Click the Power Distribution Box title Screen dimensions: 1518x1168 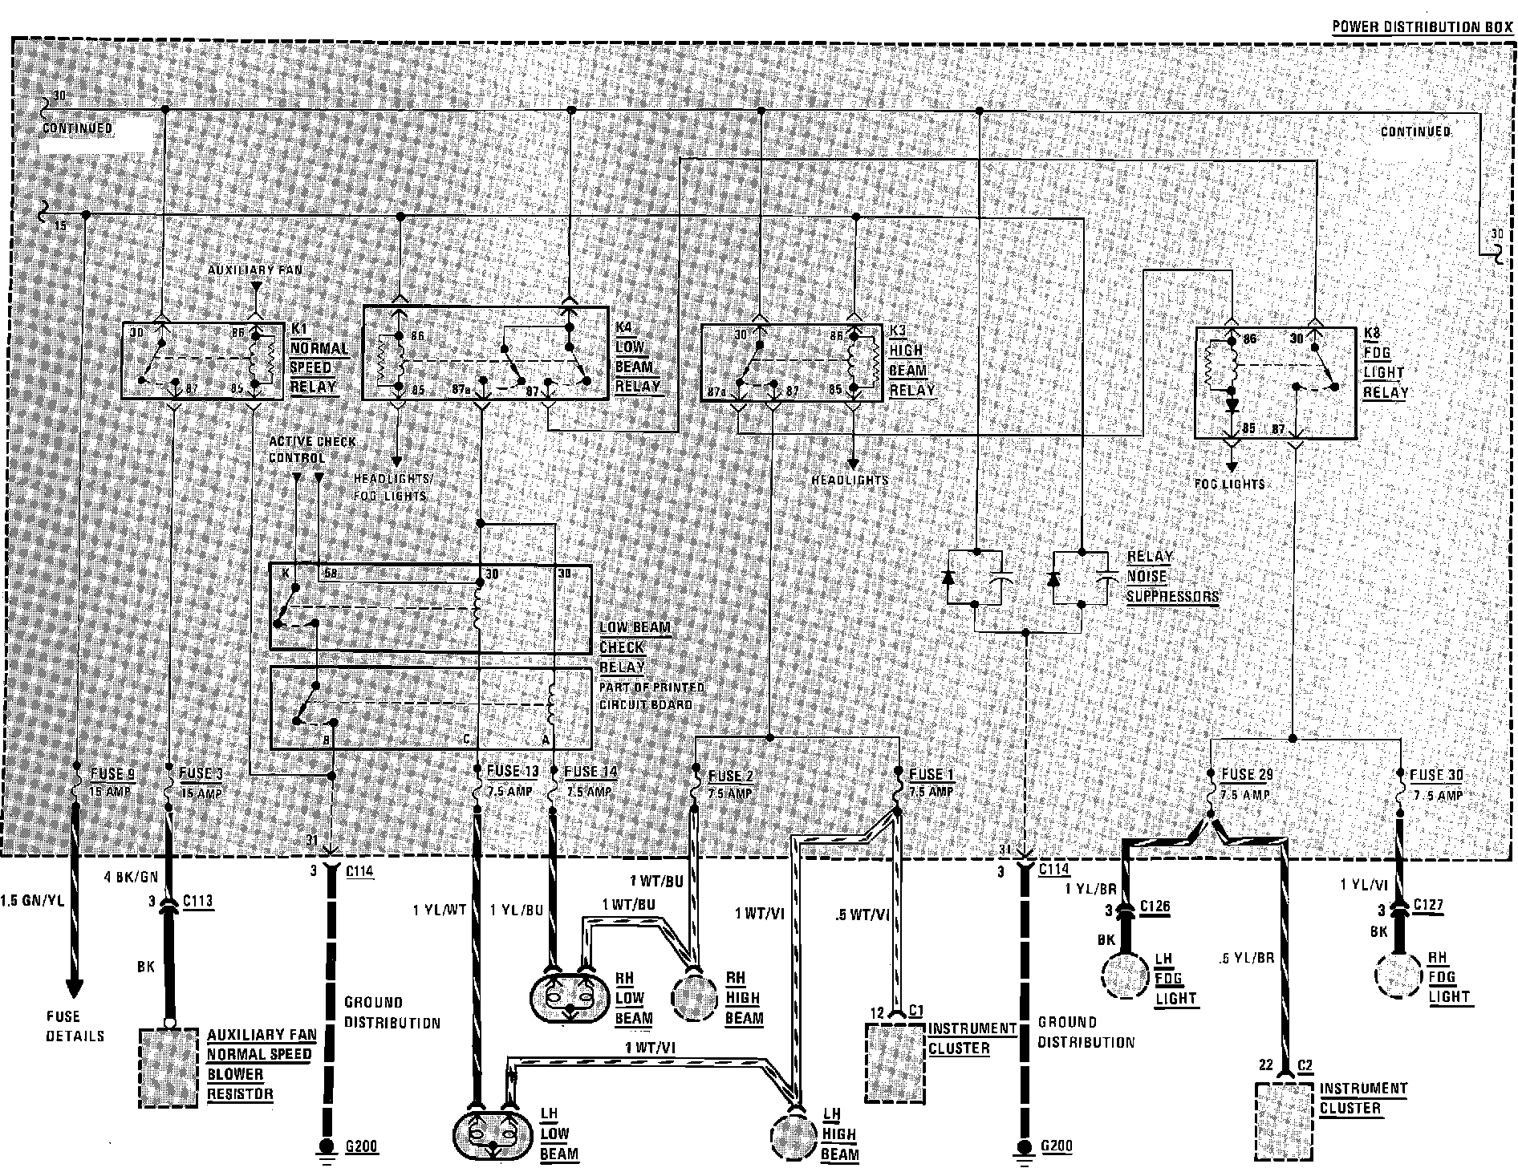pyautogui.click(x=1422, y=26)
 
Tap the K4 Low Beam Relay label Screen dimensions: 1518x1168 pyautogui.click(x=638, y=357)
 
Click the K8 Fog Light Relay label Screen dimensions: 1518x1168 pyautogui.click(x=1384, y=363)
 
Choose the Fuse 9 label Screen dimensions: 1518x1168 pyautogui.click(x=112, y=775)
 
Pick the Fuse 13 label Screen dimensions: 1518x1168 pyautogui.click(x=512, y=772)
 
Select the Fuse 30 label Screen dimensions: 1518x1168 pyautogui.click(x=1437, y=776)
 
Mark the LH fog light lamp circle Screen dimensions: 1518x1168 pyautogui.click(x=1126, y=976)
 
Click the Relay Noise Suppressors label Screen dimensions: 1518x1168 pyautogui.click(x=1171, y=577)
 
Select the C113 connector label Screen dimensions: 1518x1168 pyautogui.click(x=197, y=901)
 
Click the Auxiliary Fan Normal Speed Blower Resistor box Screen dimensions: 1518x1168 pyautogui.click(x=168, y=1068)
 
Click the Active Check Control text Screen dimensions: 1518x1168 pyautogui.click(x=311, y=449)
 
